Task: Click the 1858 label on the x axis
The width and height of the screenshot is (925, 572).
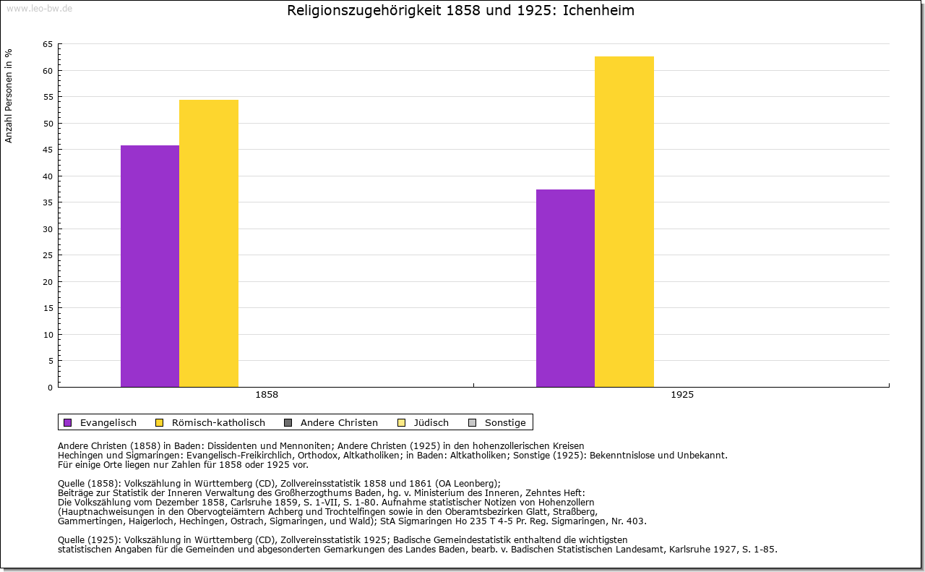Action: tap(267, 395)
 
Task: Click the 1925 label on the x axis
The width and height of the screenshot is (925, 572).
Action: tap(682, 395)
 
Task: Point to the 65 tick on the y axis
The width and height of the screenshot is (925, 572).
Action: tap(47, 44)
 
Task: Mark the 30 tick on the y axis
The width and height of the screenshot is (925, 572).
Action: tap(47, 229)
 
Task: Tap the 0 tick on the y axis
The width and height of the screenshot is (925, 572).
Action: tap(50, 388)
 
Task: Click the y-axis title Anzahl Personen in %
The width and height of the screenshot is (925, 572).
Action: tap(9, 95)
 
